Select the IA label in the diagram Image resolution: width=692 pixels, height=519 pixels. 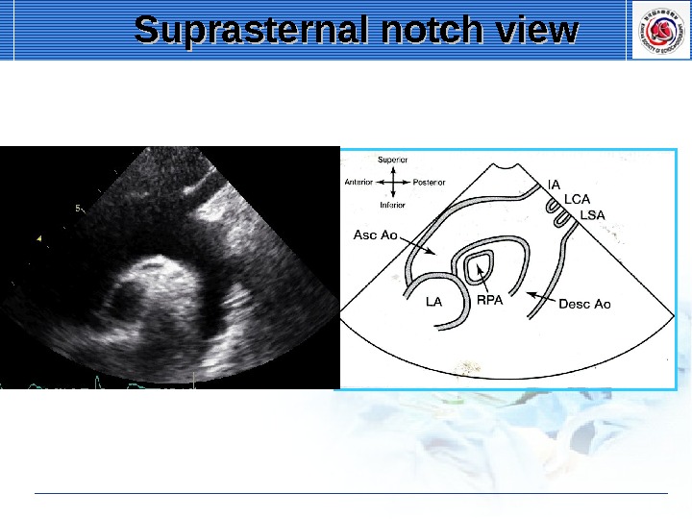coord(553,183)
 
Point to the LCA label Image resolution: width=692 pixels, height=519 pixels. coord(577,199)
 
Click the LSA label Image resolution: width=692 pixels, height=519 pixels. coord(593,215)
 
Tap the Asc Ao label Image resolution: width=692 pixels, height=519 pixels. coord(375,235)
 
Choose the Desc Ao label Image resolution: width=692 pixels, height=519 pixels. coord(584,304)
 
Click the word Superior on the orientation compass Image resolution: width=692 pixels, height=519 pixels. coord(393,160)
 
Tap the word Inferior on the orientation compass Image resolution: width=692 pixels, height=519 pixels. coord(392,205)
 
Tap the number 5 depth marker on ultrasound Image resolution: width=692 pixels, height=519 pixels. coord(77,207)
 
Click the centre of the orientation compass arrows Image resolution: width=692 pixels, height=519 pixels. coord(393,182)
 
